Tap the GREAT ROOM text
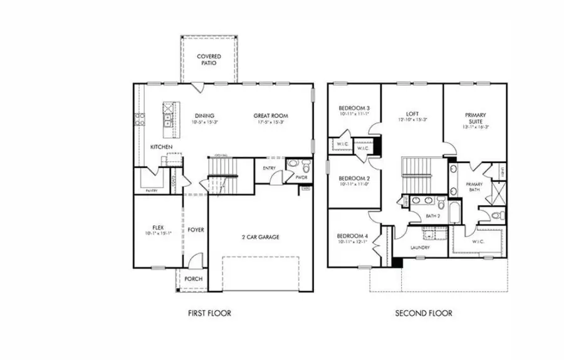tap(271, 115)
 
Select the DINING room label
tap(204, 115)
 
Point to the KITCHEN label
tap(161, 147)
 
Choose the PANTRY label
tap(151, 190)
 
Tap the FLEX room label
tap(158, 228)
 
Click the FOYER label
tap(196, 230)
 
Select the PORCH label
tap(192, 278)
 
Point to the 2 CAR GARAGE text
tap(260, 237)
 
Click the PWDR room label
tap(301, 177)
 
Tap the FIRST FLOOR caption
tap(209, 313)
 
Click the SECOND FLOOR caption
tap(423, 313)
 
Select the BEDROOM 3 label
tap(355, 107)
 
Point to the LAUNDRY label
tap(420, 248)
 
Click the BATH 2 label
tap(432, 216)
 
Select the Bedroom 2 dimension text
tap(355, 185)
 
